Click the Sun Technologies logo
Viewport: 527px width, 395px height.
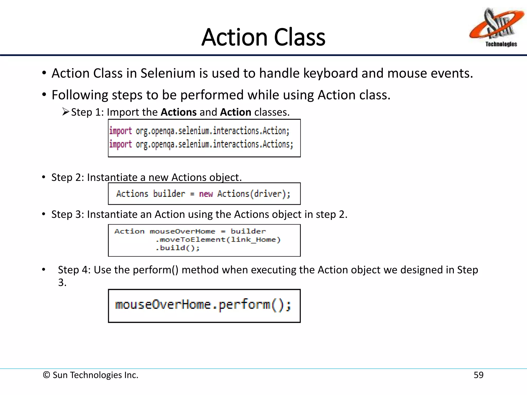[497, 27]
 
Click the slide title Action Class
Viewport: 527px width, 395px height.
[263, 37]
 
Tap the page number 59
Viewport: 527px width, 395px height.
[478, 375]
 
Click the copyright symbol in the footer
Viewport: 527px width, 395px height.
[46, 375]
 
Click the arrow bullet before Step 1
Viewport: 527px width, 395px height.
[66, 112]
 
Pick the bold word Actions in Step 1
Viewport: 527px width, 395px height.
[179, 112]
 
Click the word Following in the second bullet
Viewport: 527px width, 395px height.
[80, 95]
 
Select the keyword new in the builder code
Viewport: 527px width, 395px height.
[206, 194]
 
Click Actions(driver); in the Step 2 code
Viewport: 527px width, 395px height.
[254, 194]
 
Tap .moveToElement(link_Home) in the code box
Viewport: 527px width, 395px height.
[218, 240]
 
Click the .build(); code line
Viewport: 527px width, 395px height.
[177, 248]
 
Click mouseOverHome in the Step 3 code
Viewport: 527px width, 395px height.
[182, 231]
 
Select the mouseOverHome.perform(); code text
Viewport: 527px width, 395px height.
[203, 305]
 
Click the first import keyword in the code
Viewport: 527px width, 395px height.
[120, 131]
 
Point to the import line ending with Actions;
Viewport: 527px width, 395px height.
[201, 144]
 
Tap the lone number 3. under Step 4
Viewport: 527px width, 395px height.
[62, 283]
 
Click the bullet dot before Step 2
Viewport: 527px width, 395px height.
[44, 177]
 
